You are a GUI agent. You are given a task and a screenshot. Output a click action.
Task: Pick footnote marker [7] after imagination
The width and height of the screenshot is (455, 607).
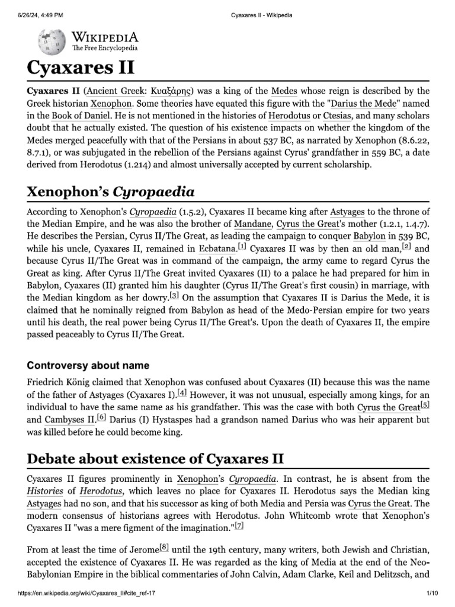(239, 526)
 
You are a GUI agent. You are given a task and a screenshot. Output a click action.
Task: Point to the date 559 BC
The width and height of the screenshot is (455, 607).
(359, 152)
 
